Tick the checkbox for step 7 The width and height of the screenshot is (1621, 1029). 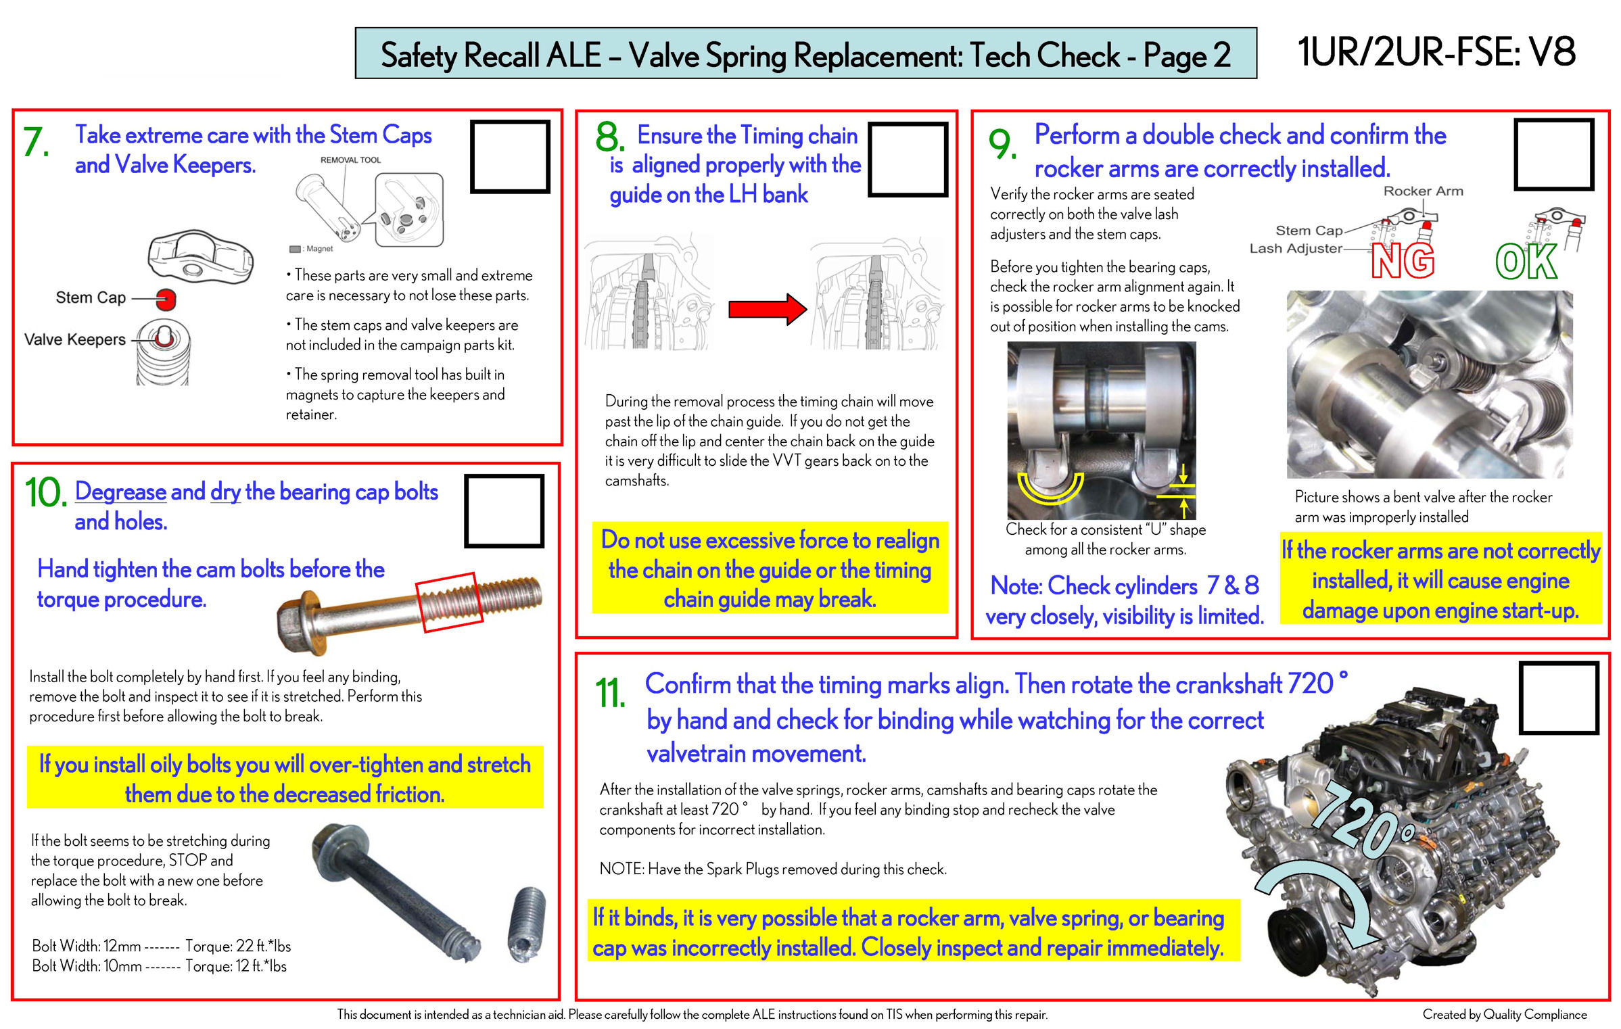click(x=509, y=156)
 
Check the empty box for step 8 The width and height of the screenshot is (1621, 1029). click(x=908, y=159)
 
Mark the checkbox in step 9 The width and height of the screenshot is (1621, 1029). click(x=1553, y=154)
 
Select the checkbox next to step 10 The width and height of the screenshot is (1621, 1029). click(x=504, y=510)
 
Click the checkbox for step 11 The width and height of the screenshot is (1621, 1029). click(x=1558, y=697)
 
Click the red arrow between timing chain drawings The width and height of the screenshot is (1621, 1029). click(x=767, y=309)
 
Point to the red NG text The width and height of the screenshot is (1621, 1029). click(x=1403, y=262)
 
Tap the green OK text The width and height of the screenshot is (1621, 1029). click(x=1526, y=262)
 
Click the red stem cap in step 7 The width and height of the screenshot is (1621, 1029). click(x=166, y=298)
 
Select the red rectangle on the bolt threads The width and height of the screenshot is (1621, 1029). click(x=449, y=602)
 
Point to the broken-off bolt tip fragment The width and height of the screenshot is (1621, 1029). click(x=527, y=924)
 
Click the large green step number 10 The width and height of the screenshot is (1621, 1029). click(x=45, y=492)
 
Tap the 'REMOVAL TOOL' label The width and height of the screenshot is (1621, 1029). click(x=350, y=160)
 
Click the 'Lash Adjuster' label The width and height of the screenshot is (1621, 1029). click(x=1295, y=248)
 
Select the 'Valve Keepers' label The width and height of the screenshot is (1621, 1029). click(x=75, y=339)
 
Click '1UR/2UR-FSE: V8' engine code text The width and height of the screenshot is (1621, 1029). click(x=1436, y=52)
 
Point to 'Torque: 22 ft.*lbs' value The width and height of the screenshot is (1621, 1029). click(x=238, y=946)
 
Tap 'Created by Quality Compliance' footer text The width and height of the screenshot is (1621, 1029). click(x=1504, y=1014)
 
